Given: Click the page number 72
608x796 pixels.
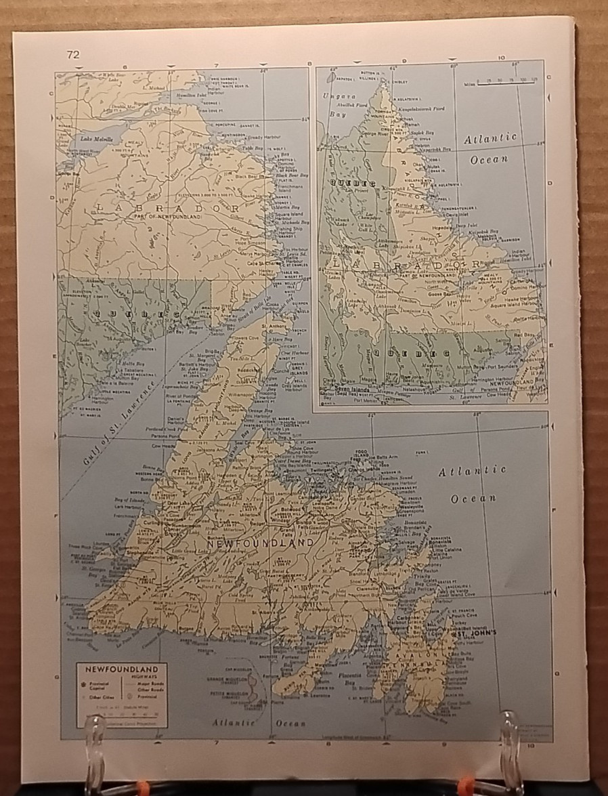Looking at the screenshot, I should click(x=73, y=55).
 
